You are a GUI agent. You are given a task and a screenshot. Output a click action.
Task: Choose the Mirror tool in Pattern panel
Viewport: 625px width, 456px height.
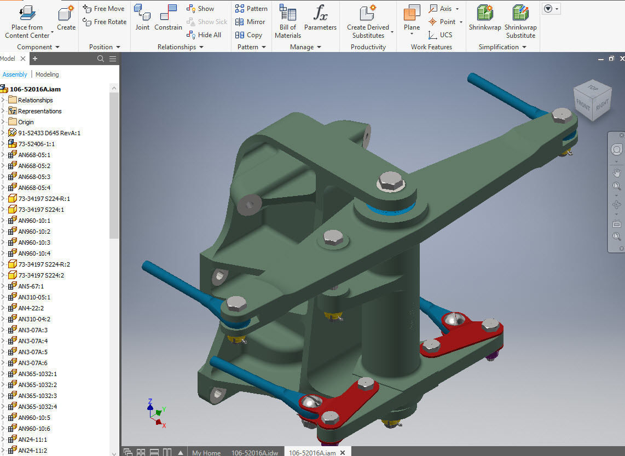pos(251,22)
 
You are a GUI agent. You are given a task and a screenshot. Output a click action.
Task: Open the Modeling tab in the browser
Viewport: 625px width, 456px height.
pos(47,74)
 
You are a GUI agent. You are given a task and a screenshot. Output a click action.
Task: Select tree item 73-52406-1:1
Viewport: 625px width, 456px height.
pos(36,144)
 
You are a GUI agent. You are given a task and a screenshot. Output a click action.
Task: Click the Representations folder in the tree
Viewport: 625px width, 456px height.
pos(39,111)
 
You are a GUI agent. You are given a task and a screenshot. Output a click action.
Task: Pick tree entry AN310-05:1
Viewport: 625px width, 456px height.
pos(34,297)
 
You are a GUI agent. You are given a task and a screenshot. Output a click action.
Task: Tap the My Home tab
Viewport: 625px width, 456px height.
pos(206,453)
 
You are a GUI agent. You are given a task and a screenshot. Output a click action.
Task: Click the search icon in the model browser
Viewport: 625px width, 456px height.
pos(101,59)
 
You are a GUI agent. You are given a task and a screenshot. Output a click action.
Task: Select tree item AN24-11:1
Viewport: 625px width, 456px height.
pos(33,440)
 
